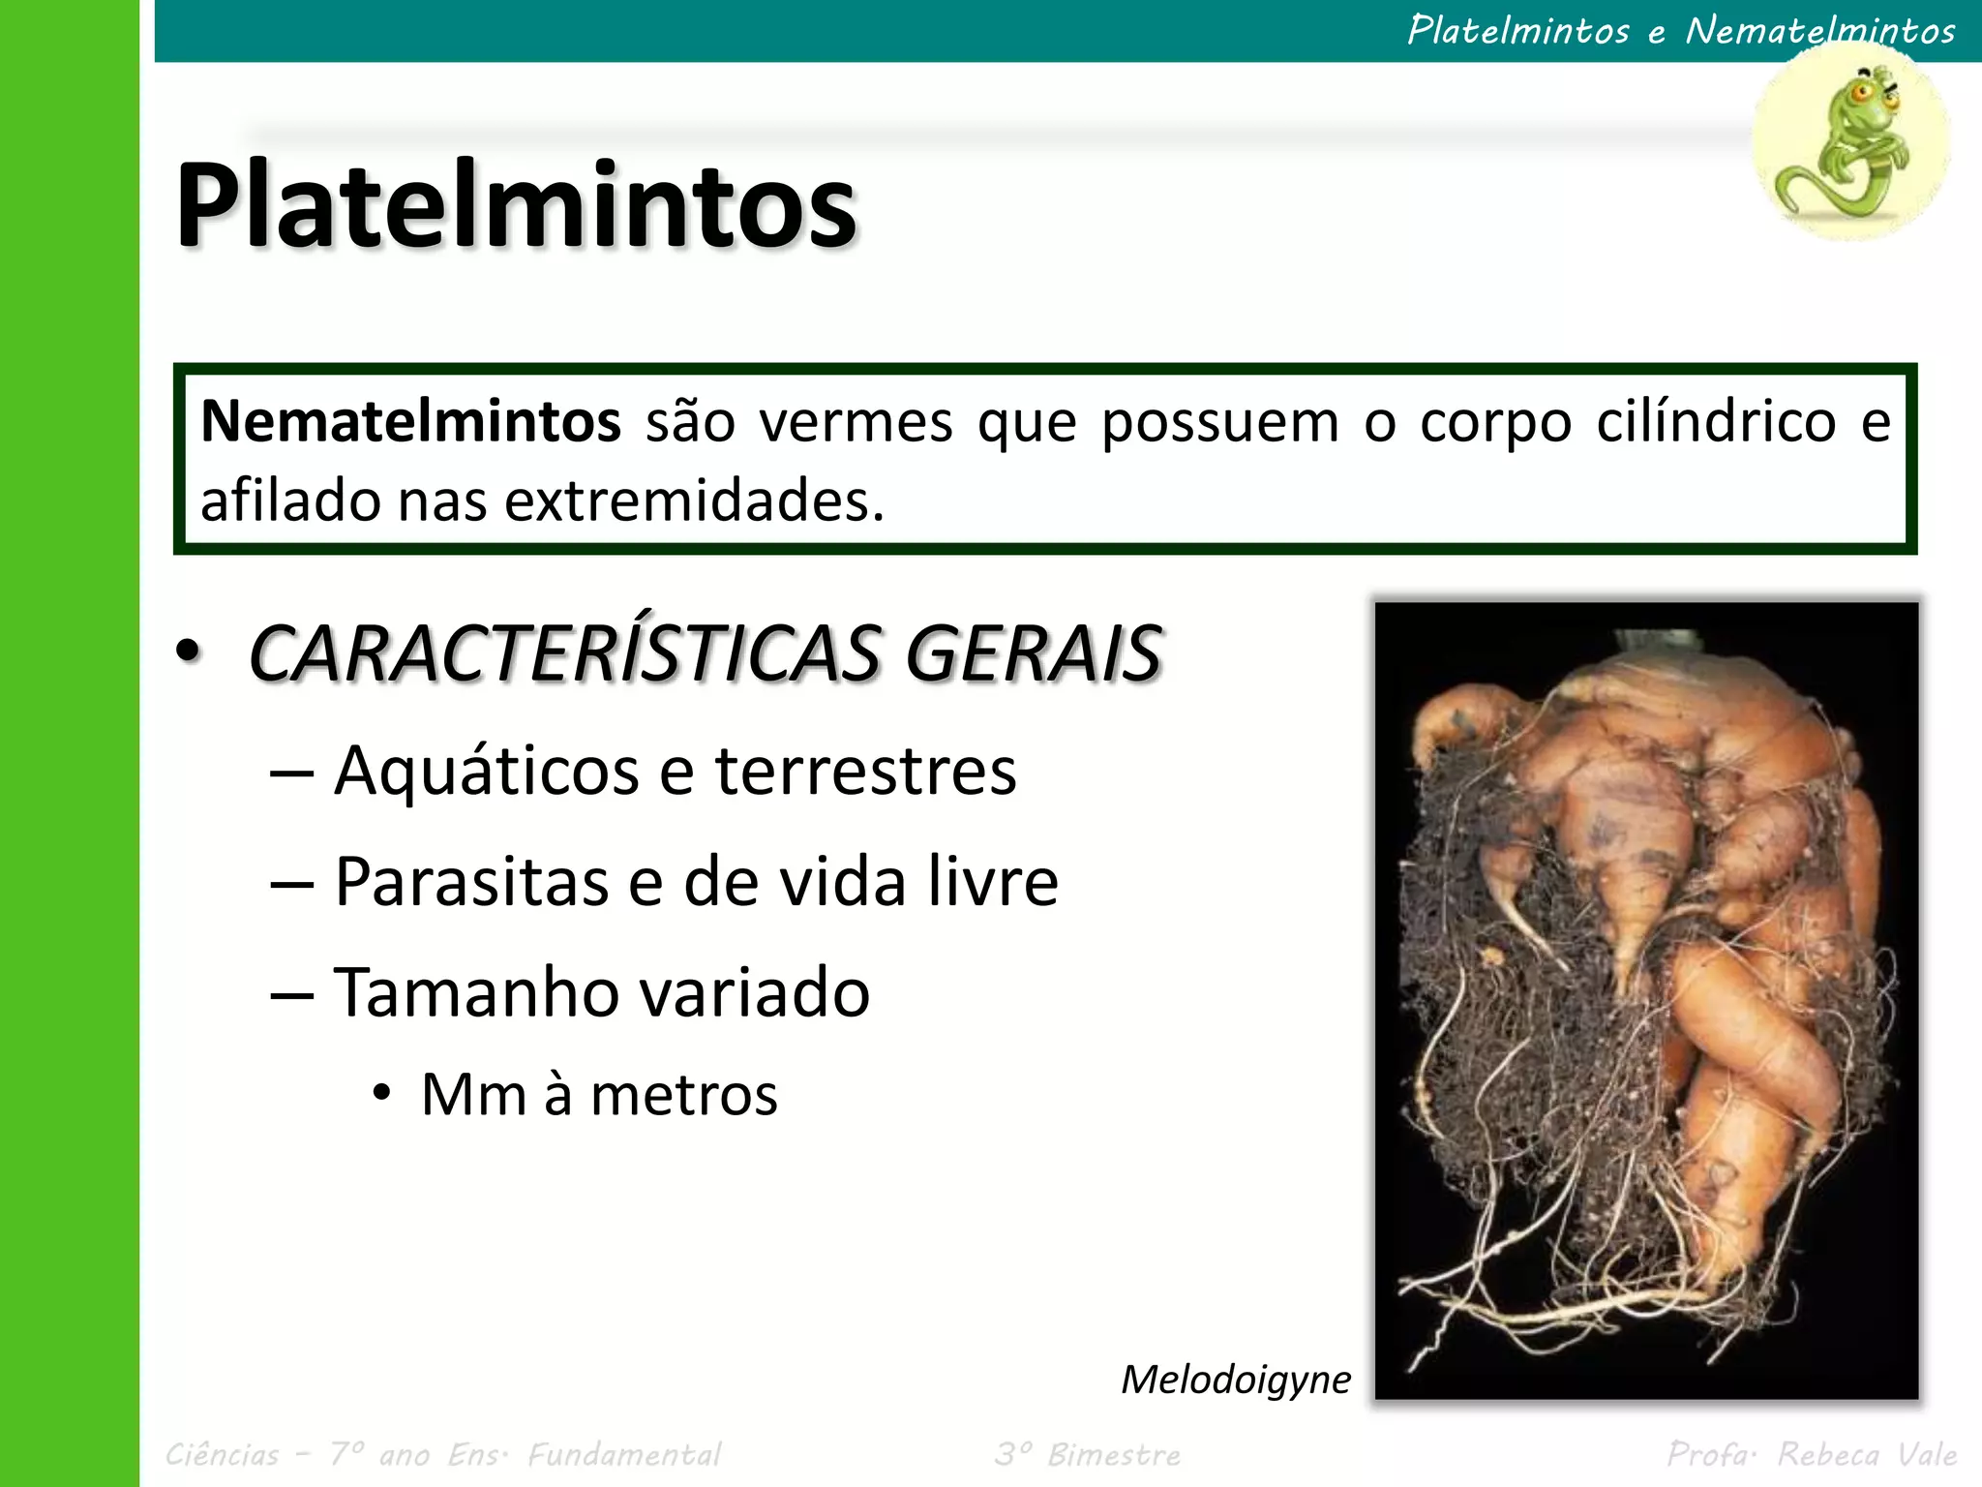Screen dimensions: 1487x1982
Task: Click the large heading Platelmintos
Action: click(x=516, y=205)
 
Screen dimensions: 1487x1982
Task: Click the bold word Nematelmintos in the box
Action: click(x=410, y=422)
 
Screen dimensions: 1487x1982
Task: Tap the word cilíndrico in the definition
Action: click(x=1716, y=422)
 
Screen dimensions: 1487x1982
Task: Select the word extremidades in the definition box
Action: click(x=694, y=501)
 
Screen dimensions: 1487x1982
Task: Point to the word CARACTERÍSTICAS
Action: click(x=564, y=653)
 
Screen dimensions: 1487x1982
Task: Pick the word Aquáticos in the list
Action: click(x=486, y=772)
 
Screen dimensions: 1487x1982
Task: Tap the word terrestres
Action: click(x=865, y=772)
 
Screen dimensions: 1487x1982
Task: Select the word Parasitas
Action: click(x=471, y=882)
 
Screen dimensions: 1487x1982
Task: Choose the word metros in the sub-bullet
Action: click(x=683, y=1095)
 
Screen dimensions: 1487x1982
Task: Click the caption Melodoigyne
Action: click(x=1235, y=1380)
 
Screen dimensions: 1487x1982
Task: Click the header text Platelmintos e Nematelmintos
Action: click(x=1681, y=30)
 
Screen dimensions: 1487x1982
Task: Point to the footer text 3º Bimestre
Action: click(x=1088, y=1454)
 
